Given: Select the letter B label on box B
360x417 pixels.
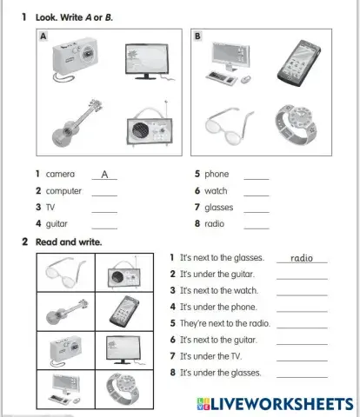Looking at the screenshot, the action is click(x=198, y=36).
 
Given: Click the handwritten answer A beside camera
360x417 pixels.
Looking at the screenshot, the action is click(x=103, y=174).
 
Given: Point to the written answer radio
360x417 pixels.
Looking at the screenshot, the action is click(x=301, y=258).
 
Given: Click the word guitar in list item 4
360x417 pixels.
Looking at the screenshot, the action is click(x=57, y=223).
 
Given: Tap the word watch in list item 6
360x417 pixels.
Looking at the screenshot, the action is click(x=216, y=190).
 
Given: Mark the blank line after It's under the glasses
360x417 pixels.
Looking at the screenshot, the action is click(x=302, y=375).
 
